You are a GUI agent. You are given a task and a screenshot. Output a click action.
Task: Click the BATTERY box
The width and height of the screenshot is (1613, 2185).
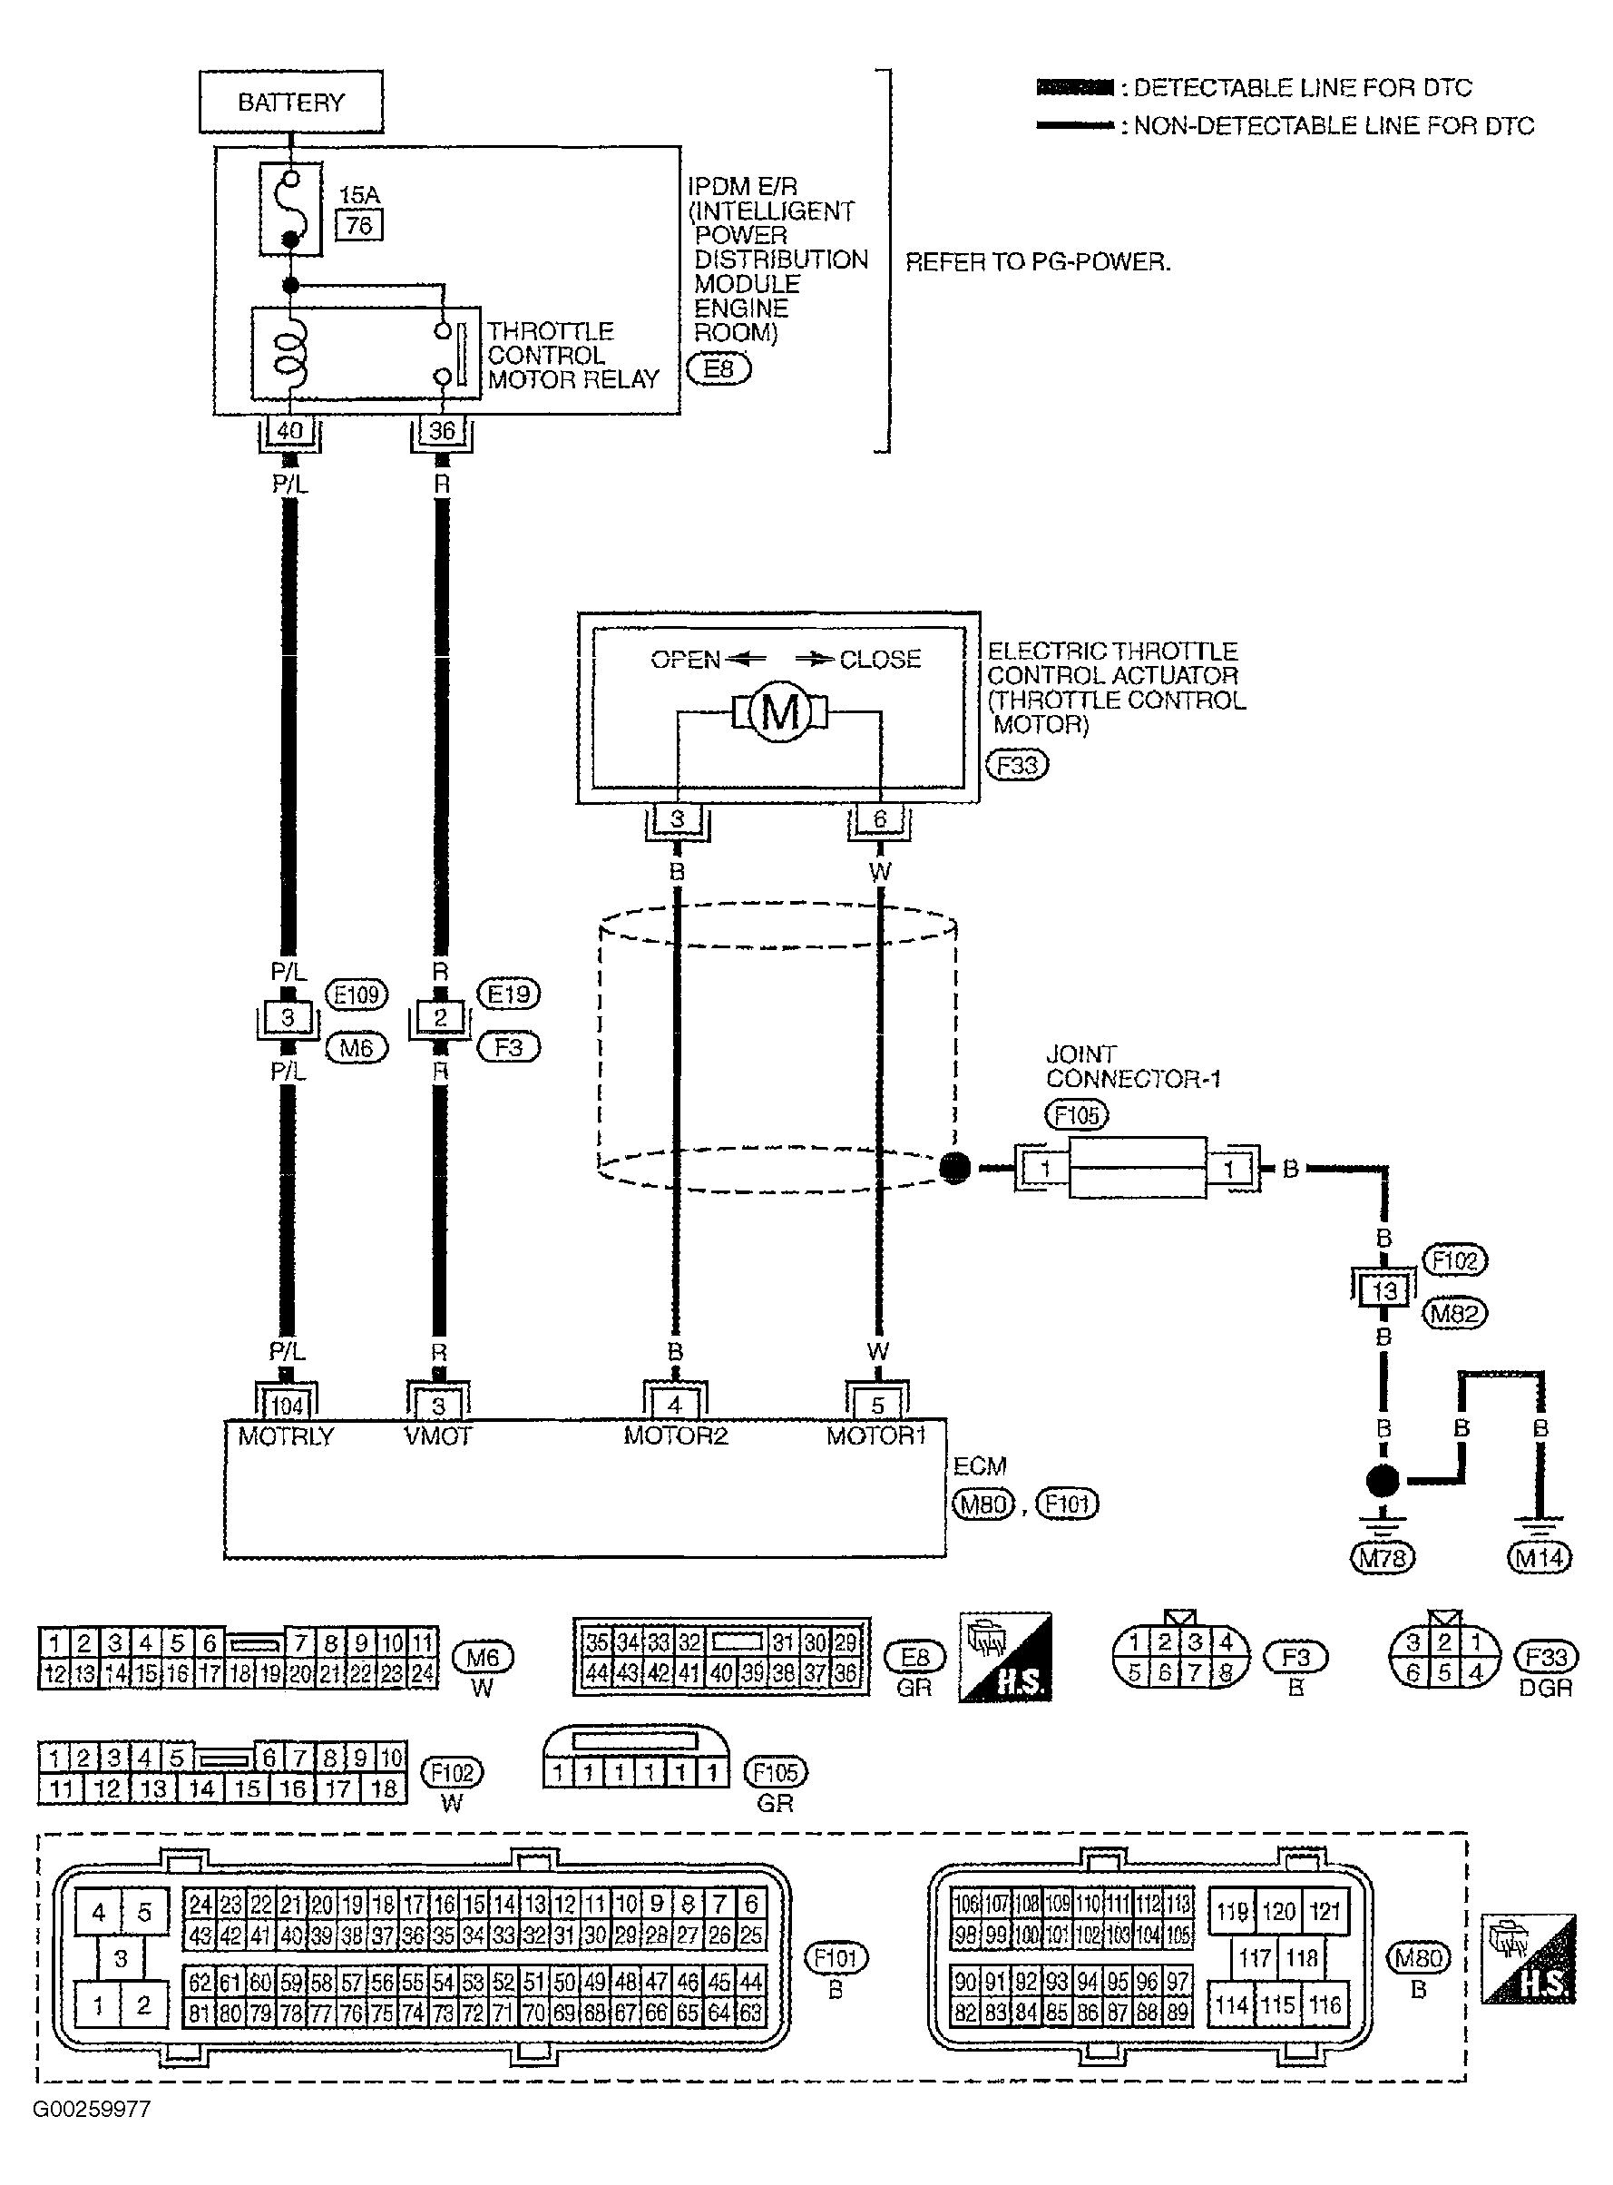tap(291, 102)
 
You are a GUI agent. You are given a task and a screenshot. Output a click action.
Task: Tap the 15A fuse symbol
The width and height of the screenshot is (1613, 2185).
tap(290, 209)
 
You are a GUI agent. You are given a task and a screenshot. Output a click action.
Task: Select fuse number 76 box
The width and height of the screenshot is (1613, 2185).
tap(358, 226)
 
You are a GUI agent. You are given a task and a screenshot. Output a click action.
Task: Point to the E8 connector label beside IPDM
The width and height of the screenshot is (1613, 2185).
tap(719, 369)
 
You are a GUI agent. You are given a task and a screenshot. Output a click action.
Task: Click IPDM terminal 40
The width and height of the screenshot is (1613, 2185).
tap(290, 430)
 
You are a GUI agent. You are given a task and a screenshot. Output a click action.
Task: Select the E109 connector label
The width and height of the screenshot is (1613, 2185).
tap(356, 995)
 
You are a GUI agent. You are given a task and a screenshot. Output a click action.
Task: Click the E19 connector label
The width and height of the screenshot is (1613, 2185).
tap(508, 994)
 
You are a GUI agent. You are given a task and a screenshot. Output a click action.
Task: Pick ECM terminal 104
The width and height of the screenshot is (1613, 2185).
tap(286, 1406)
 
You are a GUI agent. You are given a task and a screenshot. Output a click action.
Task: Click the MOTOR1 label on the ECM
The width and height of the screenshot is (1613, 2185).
tap(875, 1435)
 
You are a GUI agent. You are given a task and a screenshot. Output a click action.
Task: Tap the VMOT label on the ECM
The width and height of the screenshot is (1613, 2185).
tap(437, 1435)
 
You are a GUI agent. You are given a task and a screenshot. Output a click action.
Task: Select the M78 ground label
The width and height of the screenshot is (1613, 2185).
tap(1383, 1558)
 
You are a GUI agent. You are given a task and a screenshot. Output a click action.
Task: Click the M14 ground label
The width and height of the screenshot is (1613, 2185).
tap(1540, 1558)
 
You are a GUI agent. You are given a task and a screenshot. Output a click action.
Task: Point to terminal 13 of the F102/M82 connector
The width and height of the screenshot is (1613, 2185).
tap(1383, 1290)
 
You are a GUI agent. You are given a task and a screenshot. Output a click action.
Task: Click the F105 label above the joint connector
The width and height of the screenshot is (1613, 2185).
tap(1076, 1115)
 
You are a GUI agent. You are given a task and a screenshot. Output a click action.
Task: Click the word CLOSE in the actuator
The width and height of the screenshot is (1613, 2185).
tap(880, 659)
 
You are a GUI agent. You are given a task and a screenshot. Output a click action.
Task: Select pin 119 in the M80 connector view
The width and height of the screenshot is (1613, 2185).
tap(1232, 1911)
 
